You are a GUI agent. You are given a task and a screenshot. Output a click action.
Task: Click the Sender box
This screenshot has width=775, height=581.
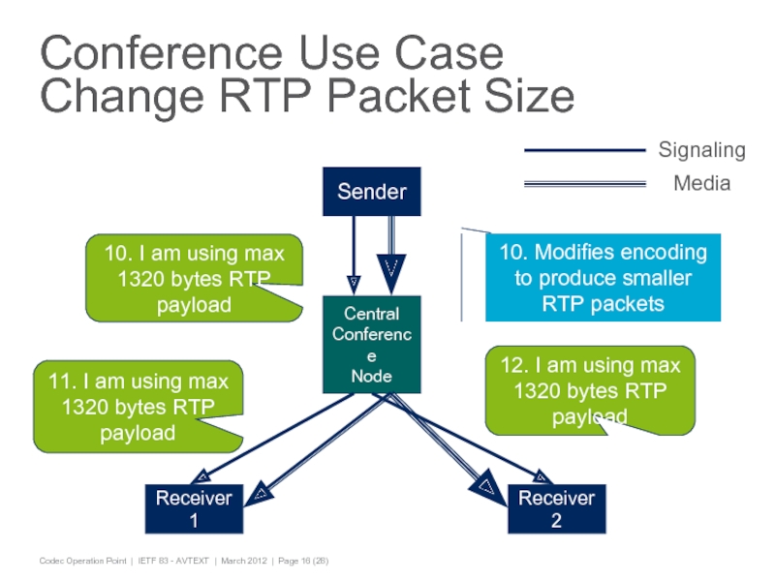tap(372, 192)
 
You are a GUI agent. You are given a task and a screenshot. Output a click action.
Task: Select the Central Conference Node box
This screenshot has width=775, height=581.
tap(372, 344)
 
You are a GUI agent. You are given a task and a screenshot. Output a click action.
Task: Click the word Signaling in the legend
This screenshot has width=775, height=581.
tap(701, 150)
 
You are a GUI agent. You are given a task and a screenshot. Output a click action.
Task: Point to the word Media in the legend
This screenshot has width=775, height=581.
tap(701, 182)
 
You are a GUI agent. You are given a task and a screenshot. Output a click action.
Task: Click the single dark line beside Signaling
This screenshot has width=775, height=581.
tap(584, 150)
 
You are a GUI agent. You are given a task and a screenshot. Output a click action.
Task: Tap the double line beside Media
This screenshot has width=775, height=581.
tap(584, 182)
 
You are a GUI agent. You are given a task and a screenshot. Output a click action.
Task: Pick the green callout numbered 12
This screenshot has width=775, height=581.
tap(590, 391)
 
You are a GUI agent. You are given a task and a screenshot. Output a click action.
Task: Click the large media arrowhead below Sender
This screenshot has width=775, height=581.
tap(390, 268)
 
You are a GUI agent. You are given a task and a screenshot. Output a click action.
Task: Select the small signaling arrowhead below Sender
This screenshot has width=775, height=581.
tap(355, 281)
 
